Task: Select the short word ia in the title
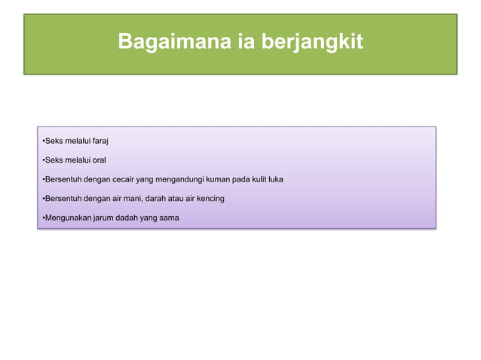pos(237,43)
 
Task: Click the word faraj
pos(100,141)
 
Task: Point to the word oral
pos(99,160)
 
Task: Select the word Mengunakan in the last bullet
pos(66,218)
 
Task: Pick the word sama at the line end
pos(179,218)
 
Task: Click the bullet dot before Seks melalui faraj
pos(42,141)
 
